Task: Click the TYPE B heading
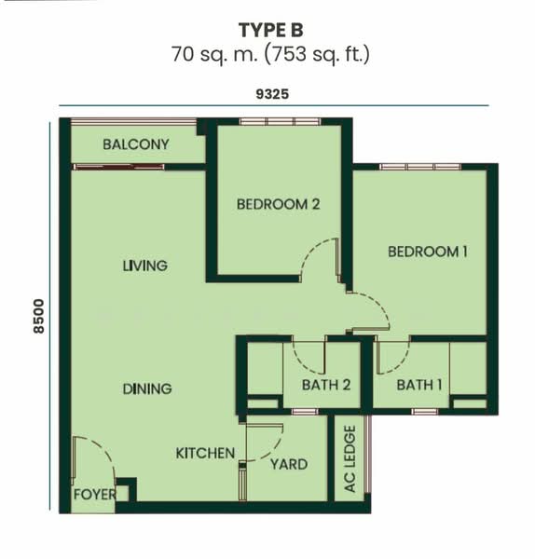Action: [x=270, y=30]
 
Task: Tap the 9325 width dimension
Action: [x=272, y=94]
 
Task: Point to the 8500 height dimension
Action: [x=38, y=317]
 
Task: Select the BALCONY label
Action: [x=136, y=144]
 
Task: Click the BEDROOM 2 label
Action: [x=278, y=204]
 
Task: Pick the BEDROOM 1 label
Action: [x=428, y=252]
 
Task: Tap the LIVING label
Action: [x=145, y=266]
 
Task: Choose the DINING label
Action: [x=147, y=389]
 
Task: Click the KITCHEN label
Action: [x=205, y=453]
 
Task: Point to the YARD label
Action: [x=289, y=464]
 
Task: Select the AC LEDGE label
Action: [x=350, y=458]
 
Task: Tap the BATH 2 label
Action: [x=326, y=385]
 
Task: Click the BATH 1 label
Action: [x=419, y=385]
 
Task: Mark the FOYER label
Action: [x=95, y=495]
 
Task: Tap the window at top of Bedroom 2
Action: [x=280, y=121]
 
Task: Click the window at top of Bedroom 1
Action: [x=420, y=167]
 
